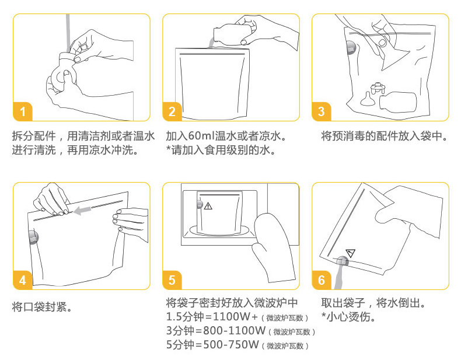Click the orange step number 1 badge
click(x=22, y=111)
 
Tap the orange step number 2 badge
click(x=172, y=111)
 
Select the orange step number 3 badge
click(x=321, y=111)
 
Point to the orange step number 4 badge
click(x=22, y=280)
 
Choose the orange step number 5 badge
click(x=172, y=280)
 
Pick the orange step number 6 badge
click(x=321, y=280)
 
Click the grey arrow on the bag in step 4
click(x=82, y=211)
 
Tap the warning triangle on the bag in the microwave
click(x=208, y=206)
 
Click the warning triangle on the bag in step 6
click(x=351, y=253)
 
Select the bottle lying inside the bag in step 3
click(x=397, y=102)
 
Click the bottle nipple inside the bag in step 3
click(x=366, y=99)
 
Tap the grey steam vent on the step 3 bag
click(x=352, y=47)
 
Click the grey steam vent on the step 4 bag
click(x=34, y=237)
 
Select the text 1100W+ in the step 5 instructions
click(x=235, y=316)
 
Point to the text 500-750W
click(x=230, y=344)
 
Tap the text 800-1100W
click(x=235, y=330)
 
